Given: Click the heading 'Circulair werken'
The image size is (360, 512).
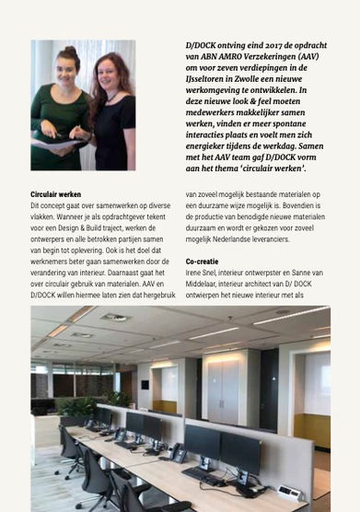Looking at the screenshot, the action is point(55,194).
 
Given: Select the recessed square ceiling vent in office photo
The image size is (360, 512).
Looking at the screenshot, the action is point(115,318).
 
